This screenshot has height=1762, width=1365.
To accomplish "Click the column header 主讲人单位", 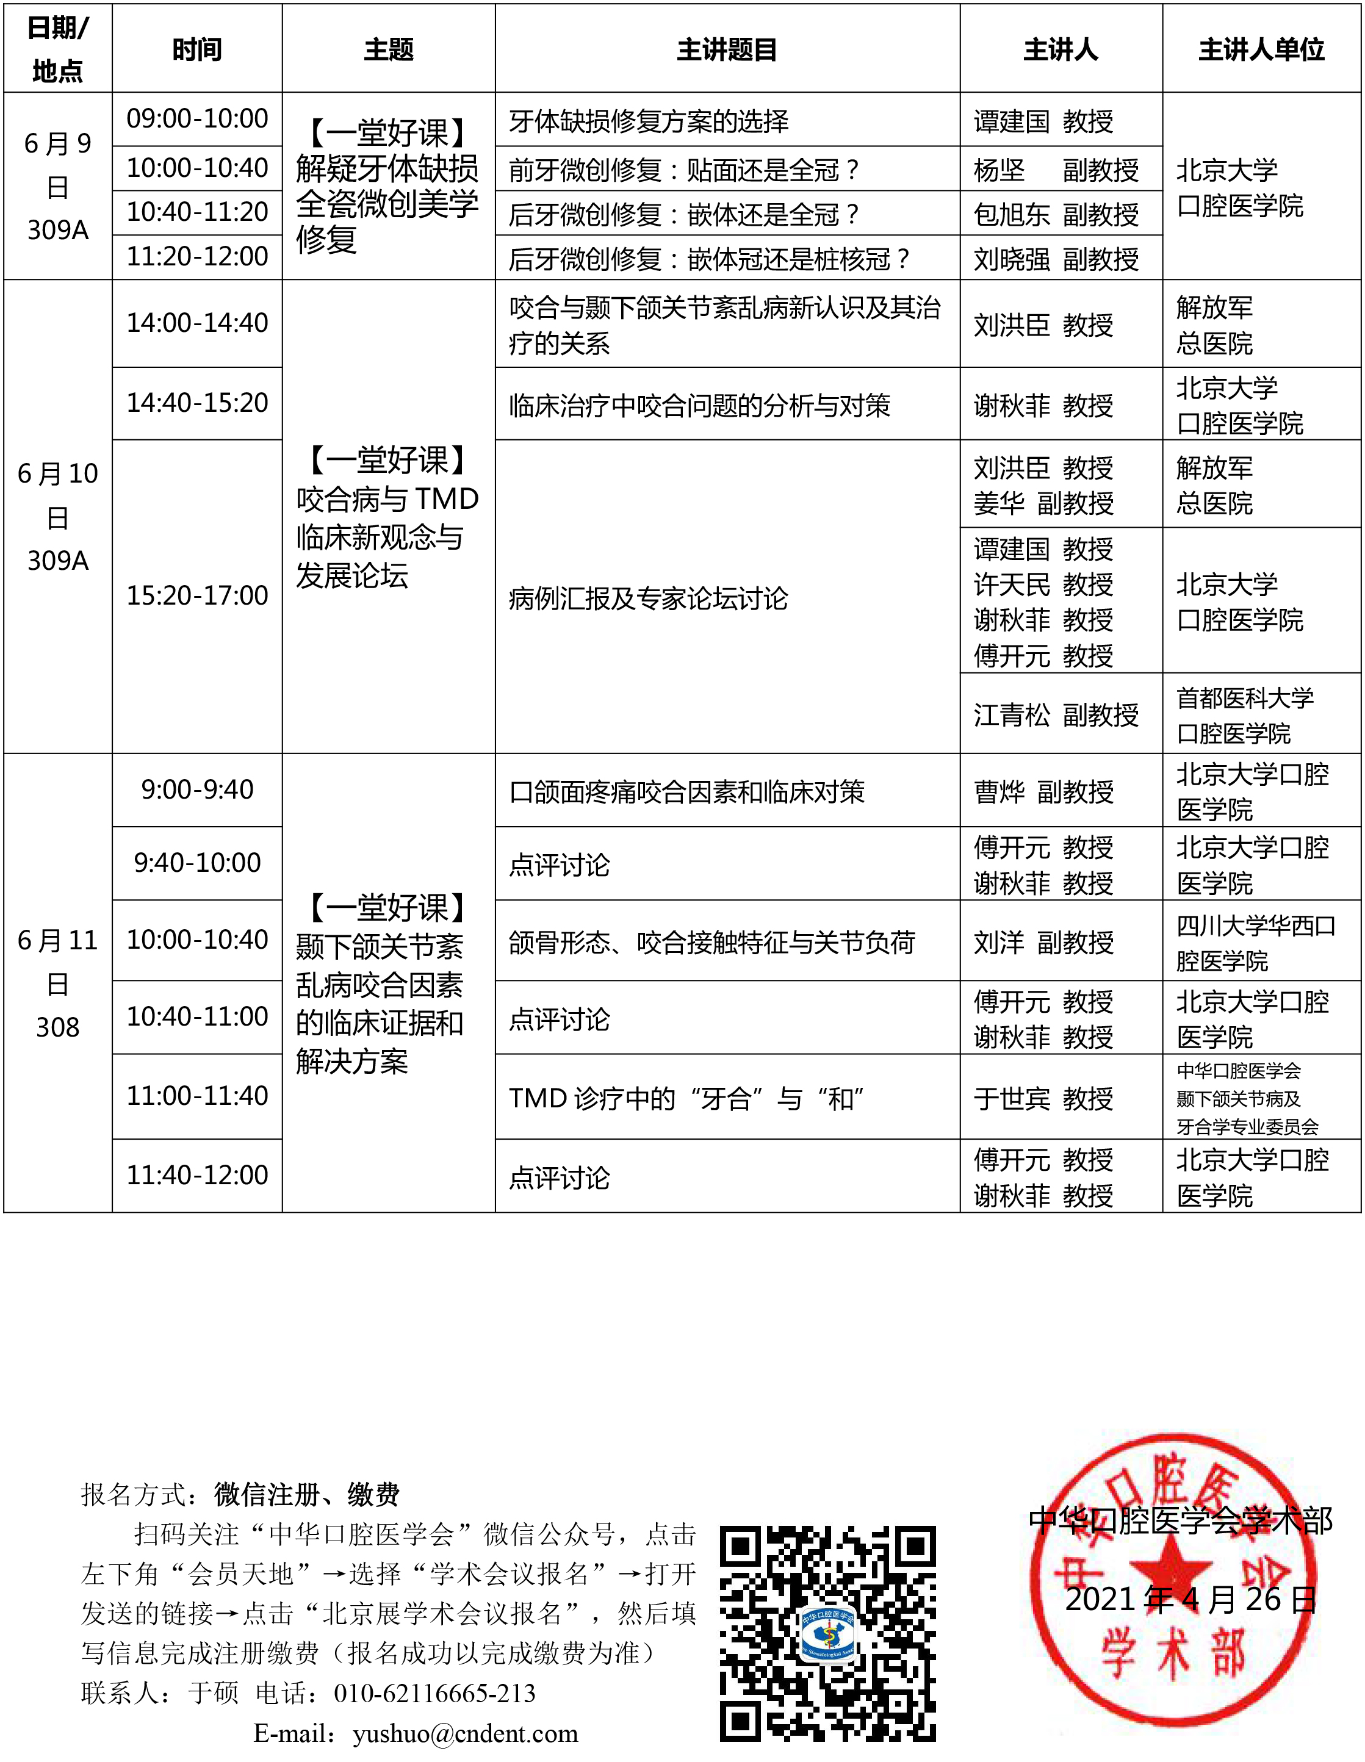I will coord(1261,50).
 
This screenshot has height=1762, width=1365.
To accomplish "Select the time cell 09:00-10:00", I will coord(197,118).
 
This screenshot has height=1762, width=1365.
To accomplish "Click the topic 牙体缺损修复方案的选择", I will coord(649,121).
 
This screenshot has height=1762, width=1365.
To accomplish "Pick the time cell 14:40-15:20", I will coord(197,403).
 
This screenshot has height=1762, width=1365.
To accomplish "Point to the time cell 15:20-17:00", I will coord(197,595).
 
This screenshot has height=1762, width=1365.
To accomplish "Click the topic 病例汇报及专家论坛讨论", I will coord(649,599).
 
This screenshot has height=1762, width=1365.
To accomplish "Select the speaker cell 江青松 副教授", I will coord(1055,714).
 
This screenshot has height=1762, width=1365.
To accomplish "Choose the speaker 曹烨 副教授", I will coord(1043,791).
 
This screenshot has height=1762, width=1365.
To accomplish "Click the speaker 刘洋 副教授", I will coord(1043,941).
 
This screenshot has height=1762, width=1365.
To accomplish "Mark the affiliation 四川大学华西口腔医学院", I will coord(1255,942).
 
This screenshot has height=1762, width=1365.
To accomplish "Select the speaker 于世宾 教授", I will coord(1043,1098).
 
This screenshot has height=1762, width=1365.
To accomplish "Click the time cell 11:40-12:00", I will coord(197,1174).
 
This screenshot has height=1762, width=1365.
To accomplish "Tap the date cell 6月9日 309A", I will coord(57,186).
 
